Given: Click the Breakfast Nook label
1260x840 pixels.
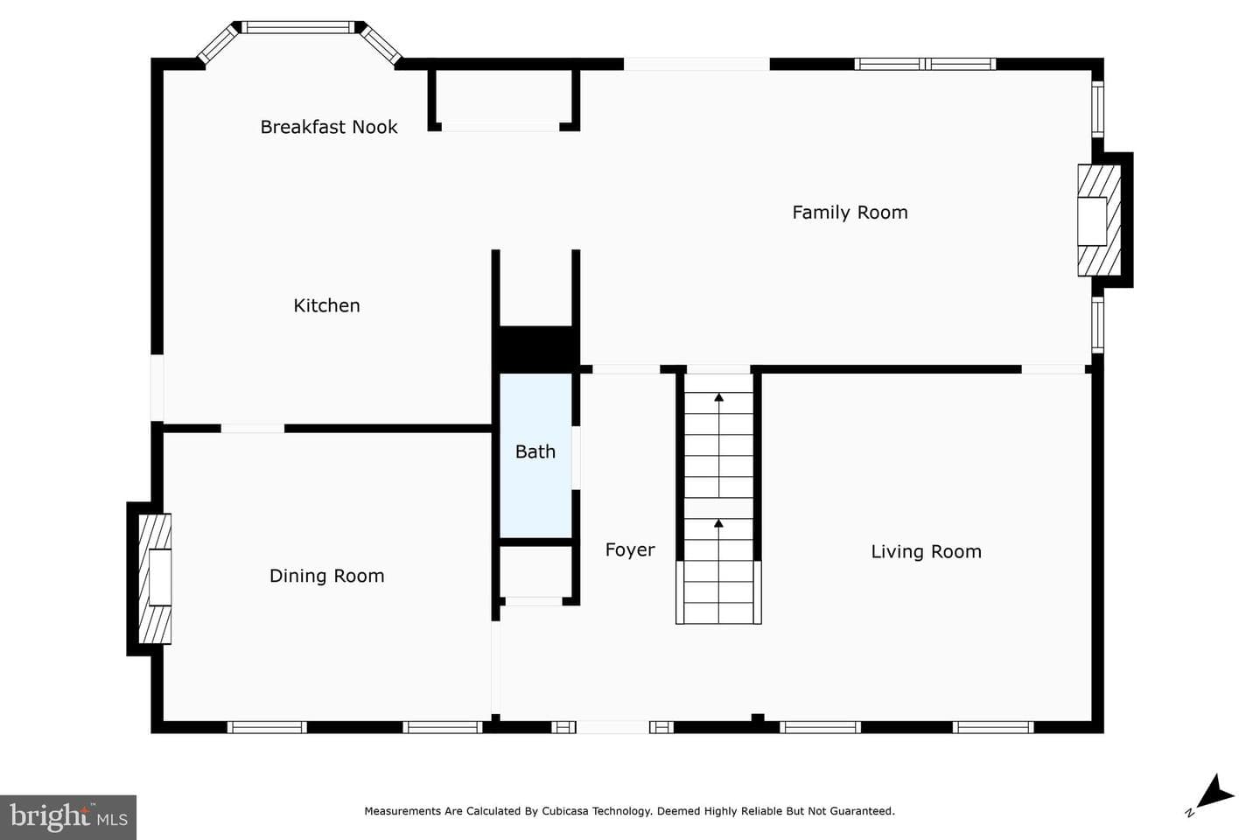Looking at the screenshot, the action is pos(329,127).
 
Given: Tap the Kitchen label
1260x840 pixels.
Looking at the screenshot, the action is pos(327,305).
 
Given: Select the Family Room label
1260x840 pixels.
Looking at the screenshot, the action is pos(850,213).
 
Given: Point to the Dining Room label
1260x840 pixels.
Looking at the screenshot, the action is pos(327,576).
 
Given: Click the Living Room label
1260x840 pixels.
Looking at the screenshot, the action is pos(927,552).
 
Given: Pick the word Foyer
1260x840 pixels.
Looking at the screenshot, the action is pos(630,549).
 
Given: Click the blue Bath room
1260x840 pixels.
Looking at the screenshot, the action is pos(536,455).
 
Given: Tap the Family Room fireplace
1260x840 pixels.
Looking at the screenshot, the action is pos(1099,220).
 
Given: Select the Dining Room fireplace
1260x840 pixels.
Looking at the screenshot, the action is pos(155,578).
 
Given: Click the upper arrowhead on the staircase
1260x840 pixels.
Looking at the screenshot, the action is pos(719,397).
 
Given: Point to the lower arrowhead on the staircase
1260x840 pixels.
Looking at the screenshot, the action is pos(719,523).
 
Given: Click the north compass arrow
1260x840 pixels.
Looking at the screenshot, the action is pos(1214,794).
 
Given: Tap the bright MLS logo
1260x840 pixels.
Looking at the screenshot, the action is pos(68,817).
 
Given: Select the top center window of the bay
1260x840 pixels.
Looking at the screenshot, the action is pos(298,27).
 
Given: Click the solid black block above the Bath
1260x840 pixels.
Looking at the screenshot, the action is pos(536,349).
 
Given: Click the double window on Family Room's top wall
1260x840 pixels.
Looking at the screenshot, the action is pos(926,64).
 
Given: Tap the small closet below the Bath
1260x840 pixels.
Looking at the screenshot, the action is pos(536,571).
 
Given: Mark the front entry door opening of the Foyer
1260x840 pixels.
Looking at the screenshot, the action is pos(613,727).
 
